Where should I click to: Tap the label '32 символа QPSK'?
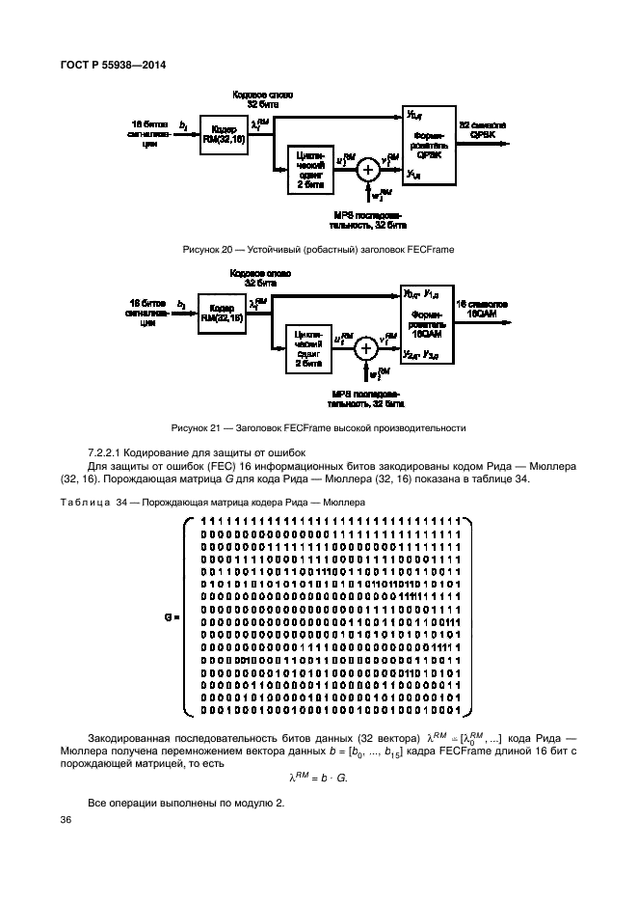pyautogui.click(x=482, y=131)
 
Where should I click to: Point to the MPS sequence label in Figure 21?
pyautogui.click(x=367, y=399)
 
